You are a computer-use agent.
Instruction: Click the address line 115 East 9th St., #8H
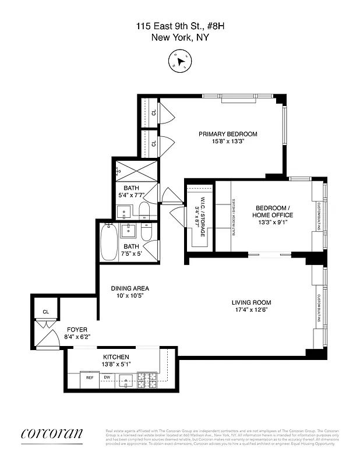(180, 26)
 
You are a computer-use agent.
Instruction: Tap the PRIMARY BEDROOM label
(228, 134)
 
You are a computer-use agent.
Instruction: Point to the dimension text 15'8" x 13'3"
(228, 142)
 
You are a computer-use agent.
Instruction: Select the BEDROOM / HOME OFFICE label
(272, 211)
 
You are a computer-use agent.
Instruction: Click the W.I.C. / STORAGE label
(199, 216)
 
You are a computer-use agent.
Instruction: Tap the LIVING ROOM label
(251, 302)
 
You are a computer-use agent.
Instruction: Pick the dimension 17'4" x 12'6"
(251, 310)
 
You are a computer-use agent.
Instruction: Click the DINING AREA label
(130, 288)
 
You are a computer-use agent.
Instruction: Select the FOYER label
(77, 329)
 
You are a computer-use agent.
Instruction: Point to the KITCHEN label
(116, 357)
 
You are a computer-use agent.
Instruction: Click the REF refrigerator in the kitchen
(90, 378)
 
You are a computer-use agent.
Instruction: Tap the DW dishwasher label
(107, 377)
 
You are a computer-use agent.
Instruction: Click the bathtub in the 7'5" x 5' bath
(109, 243)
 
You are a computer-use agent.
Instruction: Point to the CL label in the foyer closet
(45, 312)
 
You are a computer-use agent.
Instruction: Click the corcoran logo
(52, 434)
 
